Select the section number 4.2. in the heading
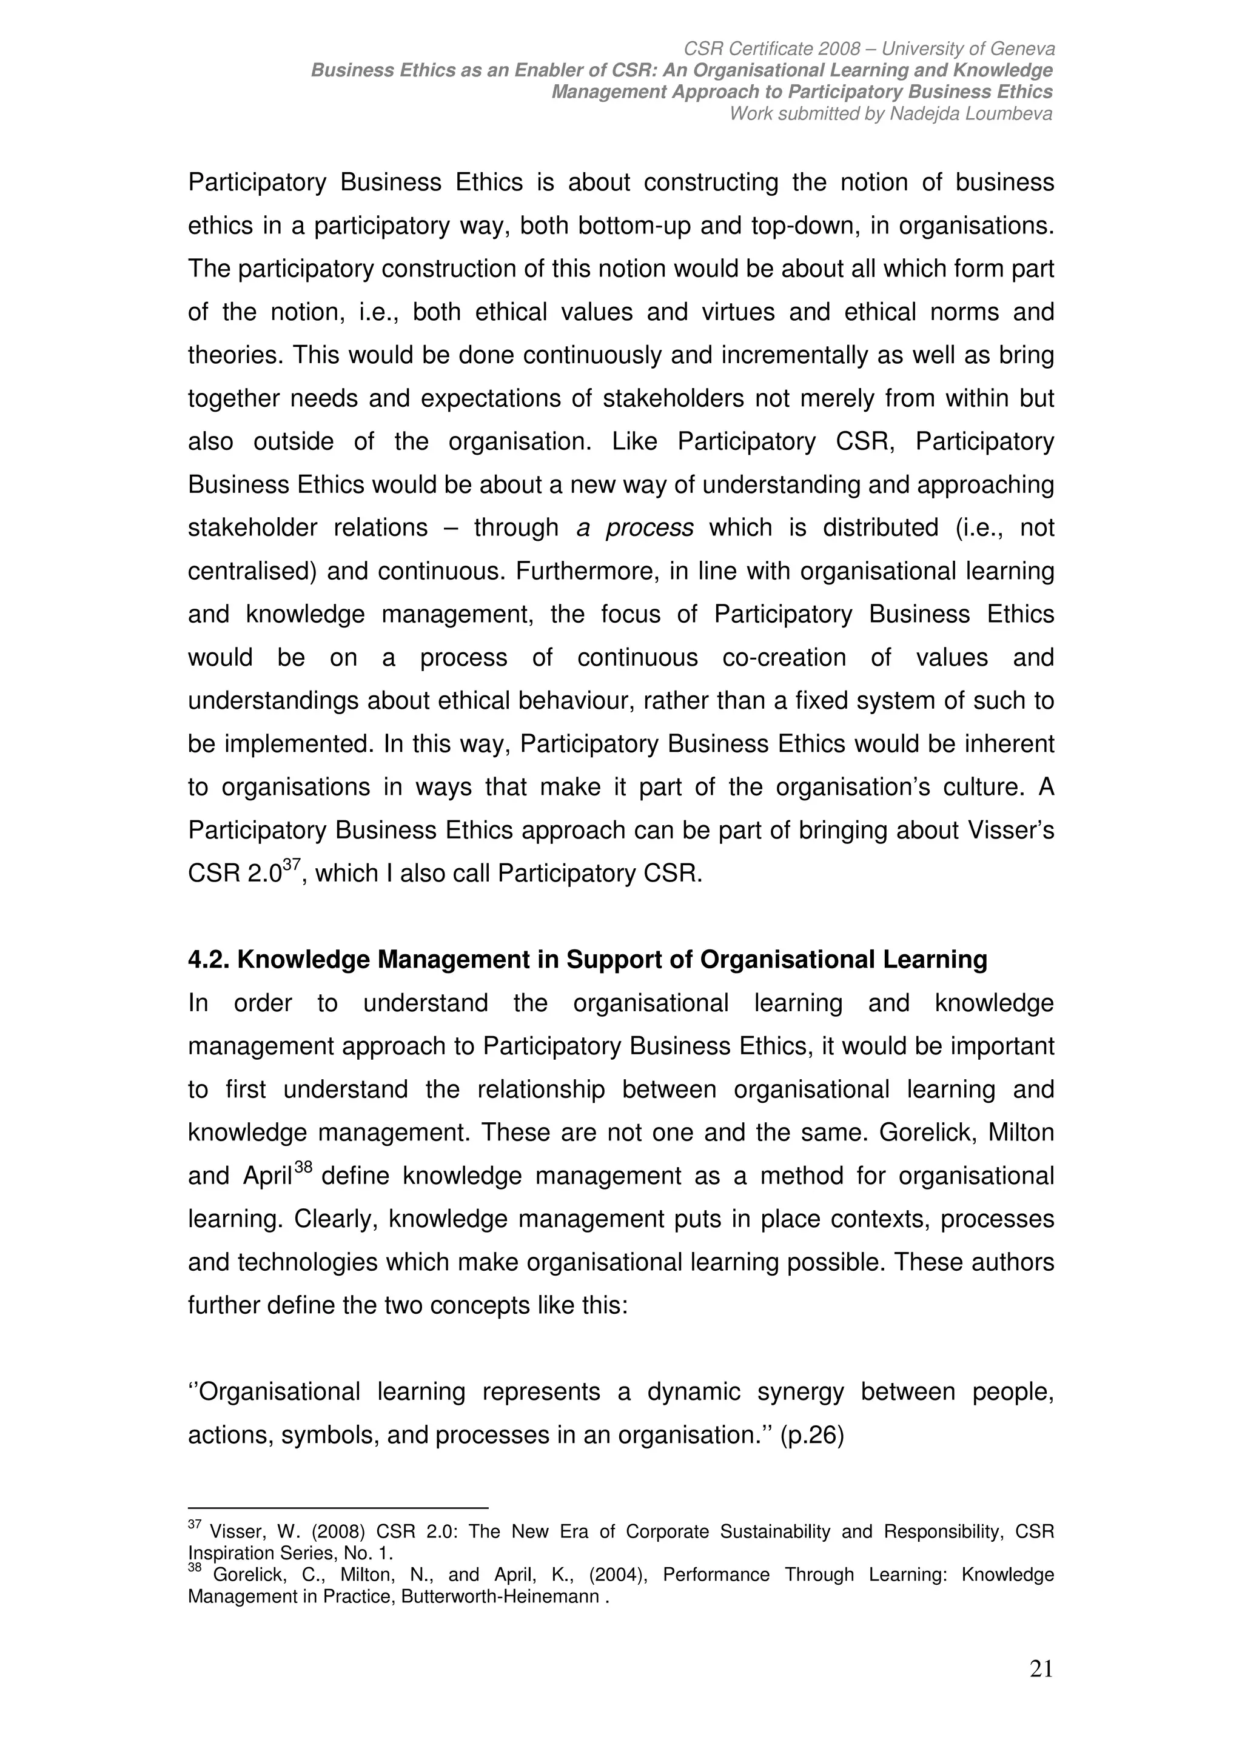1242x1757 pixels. (209, 960)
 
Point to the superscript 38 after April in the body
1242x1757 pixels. (303, 1168)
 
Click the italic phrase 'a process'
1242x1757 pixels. (634, 528)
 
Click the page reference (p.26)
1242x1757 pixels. (812, 1436)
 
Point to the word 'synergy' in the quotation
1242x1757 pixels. (800, 1392)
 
